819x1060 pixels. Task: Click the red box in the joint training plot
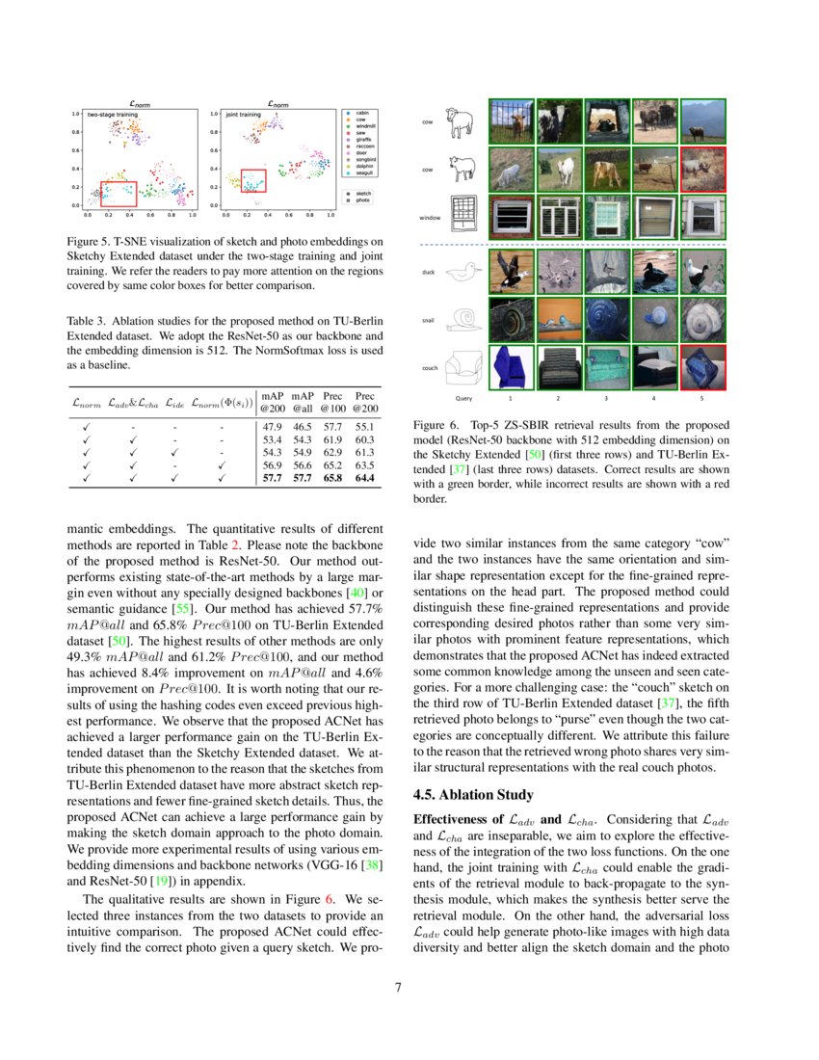point(252,180)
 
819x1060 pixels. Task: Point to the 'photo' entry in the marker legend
point(362,200)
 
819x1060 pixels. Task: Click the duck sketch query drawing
point(464,273)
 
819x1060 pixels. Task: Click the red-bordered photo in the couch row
point(702,368)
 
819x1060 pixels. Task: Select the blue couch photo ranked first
point(511,368)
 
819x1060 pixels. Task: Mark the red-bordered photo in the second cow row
point(702,170)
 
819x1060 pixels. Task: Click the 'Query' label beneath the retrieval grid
point(463,397)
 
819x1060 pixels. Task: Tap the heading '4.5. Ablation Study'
point(472,795)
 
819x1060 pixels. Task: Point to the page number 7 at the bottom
point(409,987)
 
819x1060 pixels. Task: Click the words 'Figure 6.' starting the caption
point(435,424)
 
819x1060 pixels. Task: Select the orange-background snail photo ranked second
point(559,320)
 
